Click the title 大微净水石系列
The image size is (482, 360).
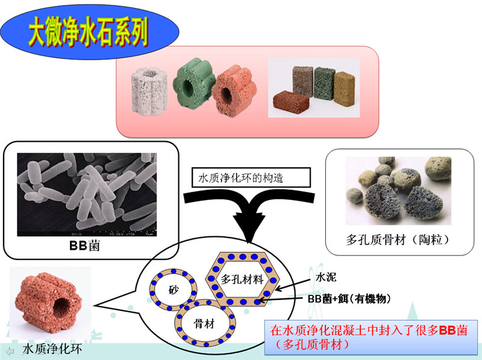pos(89,35)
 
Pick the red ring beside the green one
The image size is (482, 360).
pos(233,92)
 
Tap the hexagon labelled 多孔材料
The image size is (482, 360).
pos(243,279)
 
